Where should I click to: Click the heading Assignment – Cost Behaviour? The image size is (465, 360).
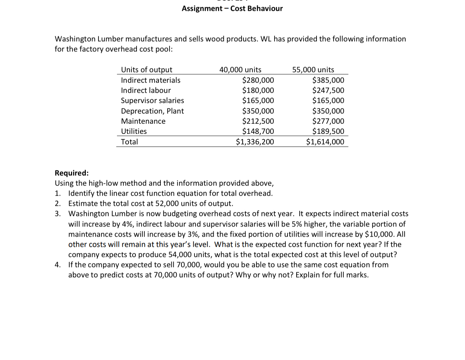(x=232, y=8)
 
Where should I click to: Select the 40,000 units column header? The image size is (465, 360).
(x=240, y=69)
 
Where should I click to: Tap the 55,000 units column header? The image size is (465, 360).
(x=313, y=69)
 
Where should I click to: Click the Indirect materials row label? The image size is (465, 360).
(x=150, y=80)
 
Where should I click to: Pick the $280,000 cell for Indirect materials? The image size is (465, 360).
(x=258, y=80)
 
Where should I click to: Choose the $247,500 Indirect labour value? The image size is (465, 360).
(x=328, y=90)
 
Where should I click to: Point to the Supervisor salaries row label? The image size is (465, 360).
(x=152, y=100)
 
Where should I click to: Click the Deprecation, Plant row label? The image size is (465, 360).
(x=152, y=111)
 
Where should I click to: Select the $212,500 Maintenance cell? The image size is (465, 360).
(x=258, y=121)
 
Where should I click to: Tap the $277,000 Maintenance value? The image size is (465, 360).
(x=328, y=121)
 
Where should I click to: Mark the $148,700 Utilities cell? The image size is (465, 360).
(x=258, y=131)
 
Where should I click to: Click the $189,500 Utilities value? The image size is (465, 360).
(x=328, y=131)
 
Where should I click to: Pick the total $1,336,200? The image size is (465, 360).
(x=255, y=141)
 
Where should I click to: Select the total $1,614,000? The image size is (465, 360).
(x=325, y=141)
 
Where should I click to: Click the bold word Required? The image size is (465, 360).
(x=71, y=173)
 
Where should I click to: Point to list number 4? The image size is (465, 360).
(x=58, y=264)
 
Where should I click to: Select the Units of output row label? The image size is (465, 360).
(x=146, y=69)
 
